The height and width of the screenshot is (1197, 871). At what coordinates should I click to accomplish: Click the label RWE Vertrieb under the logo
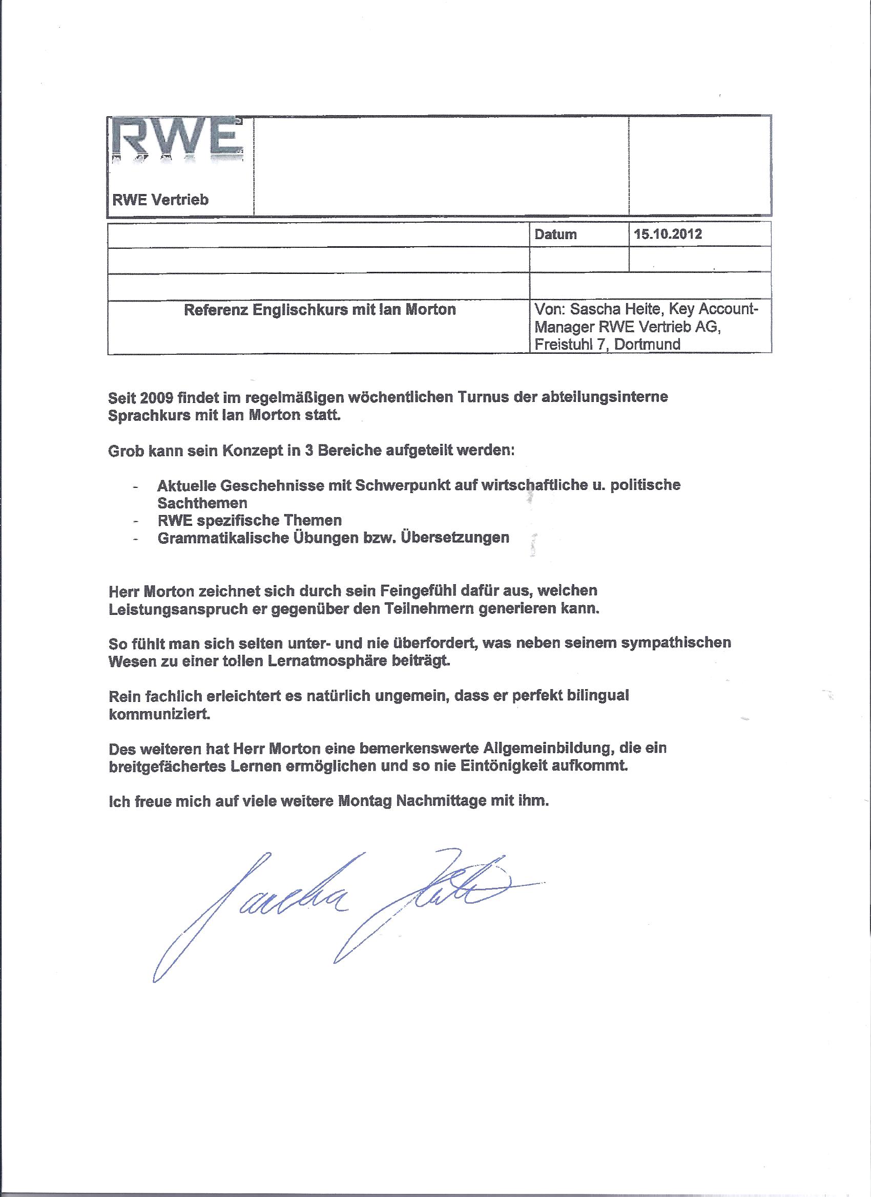[x=160, y=200]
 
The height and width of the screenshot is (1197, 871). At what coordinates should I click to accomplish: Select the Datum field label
[x=555, y=234]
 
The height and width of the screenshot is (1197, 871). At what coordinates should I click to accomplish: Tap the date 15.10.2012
[x=668, y=234]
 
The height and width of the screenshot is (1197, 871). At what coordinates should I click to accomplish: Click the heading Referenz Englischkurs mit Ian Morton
[x=320, y=310]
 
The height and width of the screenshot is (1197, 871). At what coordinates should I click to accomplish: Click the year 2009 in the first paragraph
[x=157, y=397]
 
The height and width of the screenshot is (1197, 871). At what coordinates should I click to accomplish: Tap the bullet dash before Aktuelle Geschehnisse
[x=137, y=486]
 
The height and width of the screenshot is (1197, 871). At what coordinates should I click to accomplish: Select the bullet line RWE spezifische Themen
[x=250, y=520]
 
